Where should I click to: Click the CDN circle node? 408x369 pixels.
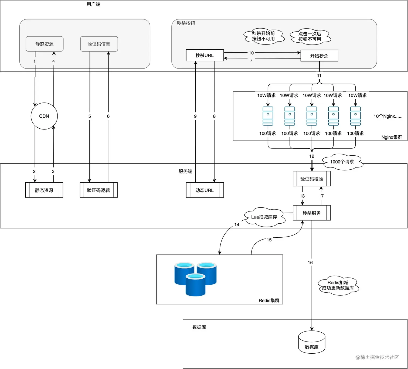tap(44, 116)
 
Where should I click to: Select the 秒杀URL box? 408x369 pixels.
tap(205, 55)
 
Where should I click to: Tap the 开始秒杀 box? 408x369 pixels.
tap(319, 56)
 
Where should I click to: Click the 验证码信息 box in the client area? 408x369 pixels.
tap(99, 44)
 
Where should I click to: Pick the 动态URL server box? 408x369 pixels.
tap(205, 190)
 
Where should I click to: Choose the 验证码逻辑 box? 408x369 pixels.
tap(98, 190)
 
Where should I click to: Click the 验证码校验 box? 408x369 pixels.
tap(312, 179)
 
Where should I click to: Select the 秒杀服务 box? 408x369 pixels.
tap(312, 213)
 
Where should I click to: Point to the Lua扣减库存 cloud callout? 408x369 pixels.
tap(264, 217)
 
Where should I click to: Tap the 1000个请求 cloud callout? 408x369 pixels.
tap(342, 162)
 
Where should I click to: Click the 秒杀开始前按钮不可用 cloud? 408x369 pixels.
tap(264, 36)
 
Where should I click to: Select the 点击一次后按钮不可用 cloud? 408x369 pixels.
tap(310, 37)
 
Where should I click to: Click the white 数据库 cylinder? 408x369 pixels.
tap(312, 342)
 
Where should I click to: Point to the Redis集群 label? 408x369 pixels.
tap(269, 300)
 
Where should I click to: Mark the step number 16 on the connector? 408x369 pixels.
tap(310, 262)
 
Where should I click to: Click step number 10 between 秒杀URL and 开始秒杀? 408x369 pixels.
tap(251, 53)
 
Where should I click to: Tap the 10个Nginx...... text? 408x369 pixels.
tap(388, 116)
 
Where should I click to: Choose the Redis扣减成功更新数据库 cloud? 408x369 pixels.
tap(338, 285)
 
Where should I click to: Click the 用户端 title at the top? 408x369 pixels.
tap(94, 4)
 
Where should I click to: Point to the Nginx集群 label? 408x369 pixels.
tap(392, 137)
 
